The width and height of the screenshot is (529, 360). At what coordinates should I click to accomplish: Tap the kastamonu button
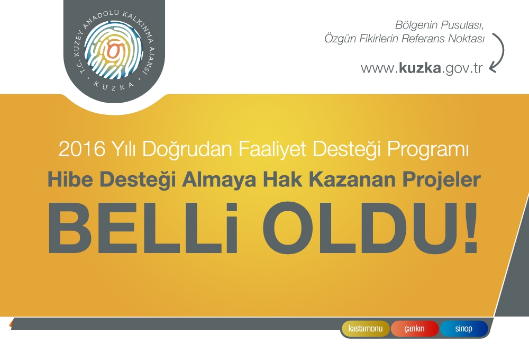(x=366, y=329)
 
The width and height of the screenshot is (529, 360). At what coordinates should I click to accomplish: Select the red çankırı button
(x=415, y=329)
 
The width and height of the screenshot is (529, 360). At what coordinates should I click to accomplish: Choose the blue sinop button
(x=464, y=329)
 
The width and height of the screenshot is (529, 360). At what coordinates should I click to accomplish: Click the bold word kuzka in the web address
(x=420, y=68)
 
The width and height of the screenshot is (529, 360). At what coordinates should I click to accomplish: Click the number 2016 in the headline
(x=82, y=149)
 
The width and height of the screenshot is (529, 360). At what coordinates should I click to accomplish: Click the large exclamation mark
(x=470, y=228)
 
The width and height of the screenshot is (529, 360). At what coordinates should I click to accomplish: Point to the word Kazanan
(x=352, y=179)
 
